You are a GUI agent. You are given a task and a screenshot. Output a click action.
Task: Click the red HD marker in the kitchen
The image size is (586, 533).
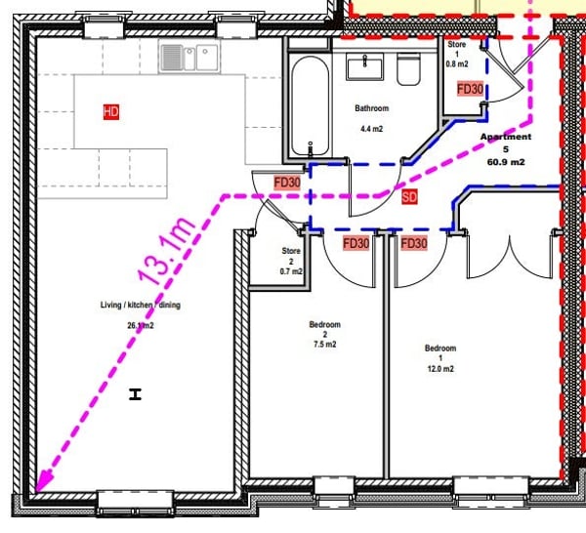[111, 111]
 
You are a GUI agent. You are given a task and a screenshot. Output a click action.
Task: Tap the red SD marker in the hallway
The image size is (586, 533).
[409, 197]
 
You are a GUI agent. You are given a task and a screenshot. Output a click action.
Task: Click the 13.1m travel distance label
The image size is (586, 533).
[167, 250]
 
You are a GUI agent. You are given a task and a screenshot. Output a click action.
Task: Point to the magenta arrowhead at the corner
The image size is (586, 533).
[43, 482]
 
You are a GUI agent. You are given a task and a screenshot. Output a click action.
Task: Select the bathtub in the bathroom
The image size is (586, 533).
[311, 105]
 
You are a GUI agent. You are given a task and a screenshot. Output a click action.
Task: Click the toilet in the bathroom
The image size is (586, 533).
[409, 68]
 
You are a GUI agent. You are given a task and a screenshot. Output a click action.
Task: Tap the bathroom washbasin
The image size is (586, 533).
[364, 66]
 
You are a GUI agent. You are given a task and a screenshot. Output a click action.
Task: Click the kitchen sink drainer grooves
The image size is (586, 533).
[172, 58]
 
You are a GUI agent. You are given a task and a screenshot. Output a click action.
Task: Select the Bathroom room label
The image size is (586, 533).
[371, 108]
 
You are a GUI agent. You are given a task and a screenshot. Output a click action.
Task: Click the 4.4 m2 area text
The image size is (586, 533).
[371, 129]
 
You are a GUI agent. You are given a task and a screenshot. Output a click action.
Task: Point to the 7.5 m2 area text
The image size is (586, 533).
[325, 345]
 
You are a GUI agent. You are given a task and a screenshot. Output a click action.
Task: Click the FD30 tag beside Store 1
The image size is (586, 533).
[470, 89]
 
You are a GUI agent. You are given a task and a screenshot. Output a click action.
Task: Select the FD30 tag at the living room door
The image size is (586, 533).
[287, 183]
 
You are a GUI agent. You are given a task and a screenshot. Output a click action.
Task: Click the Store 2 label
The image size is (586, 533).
[291, 256]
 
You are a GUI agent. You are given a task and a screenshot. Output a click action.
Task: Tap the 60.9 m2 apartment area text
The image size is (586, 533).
[506, 162]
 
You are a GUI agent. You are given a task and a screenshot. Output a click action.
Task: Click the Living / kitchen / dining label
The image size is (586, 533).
[140, 305]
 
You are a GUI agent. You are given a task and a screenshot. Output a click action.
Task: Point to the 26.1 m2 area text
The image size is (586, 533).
[140, 325]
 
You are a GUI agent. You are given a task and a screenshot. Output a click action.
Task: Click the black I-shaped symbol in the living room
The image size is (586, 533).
[136, 394]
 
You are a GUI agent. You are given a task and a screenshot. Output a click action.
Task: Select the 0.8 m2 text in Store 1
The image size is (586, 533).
[457, 64]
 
